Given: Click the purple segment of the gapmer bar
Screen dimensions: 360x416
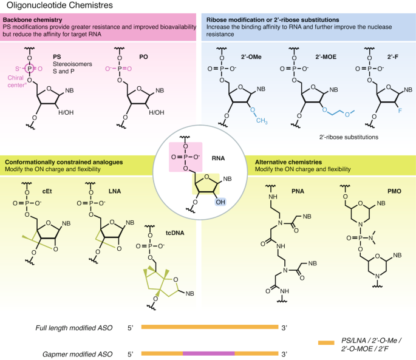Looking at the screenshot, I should pyautogui.click(x=208, y=352).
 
